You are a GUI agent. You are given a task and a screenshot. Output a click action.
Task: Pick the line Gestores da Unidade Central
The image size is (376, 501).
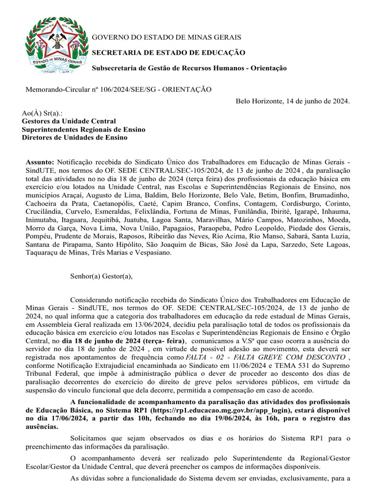69,121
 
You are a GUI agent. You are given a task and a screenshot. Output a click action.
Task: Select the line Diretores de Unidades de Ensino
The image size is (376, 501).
74,137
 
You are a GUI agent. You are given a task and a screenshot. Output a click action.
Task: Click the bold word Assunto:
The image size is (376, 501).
40,162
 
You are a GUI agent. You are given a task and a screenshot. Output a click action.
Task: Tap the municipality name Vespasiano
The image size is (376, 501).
153,253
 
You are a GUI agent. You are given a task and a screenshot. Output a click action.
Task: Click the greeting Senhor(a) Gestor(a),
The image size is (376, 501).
101,276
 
